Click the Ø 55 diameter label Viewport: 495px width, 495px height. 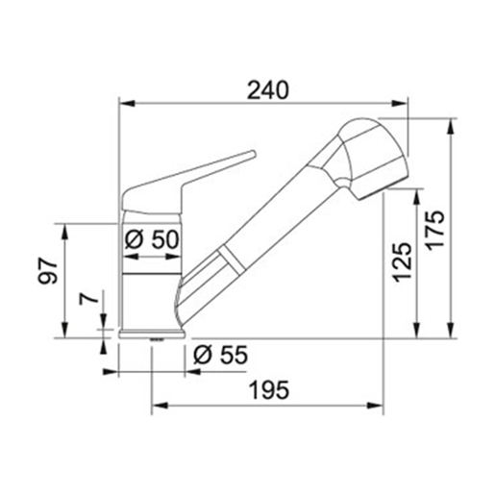220,355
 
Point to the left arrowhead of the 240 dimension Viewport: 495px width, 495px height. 123,103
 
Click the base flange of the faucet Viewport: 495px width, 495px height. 149,334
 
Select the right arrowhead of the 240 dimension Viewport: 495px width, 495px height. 407,103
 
